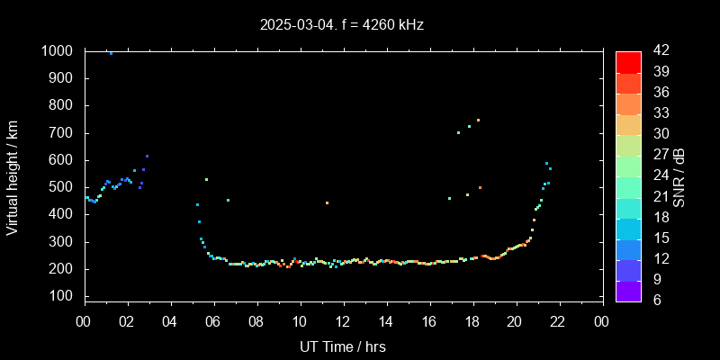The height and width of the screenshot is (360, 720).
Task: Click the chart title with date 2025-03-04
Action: tap(341, 24)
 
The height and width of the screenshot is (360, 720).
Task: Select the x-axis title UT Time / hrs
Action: tap(342, 346)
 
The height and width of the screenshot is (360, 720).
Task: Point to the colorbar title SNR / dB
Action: tap(679, 176)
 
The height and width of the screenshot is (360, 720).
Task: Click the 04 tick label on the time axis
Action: tap(171, 321)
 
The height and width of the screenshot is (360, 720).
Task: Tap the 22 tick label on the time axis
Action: tap(558, 321)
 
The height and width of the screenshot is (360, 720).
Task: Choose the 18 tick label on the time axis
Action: tap(472, 321)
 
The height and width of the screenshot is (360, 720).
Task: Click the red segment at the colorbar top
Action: tap(628, 61)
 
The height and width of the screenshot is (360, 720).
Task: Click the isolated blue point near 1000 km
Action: tap(111, 53)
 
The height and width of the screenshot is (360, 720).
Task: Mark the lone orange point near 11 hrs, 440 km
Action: tap(327, 202)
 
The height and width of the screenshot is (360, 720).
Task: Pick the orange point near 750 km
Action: tap(478, 120)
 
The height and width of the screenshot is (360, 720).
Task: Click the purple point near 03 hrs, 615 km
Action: tap(147, 157)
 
